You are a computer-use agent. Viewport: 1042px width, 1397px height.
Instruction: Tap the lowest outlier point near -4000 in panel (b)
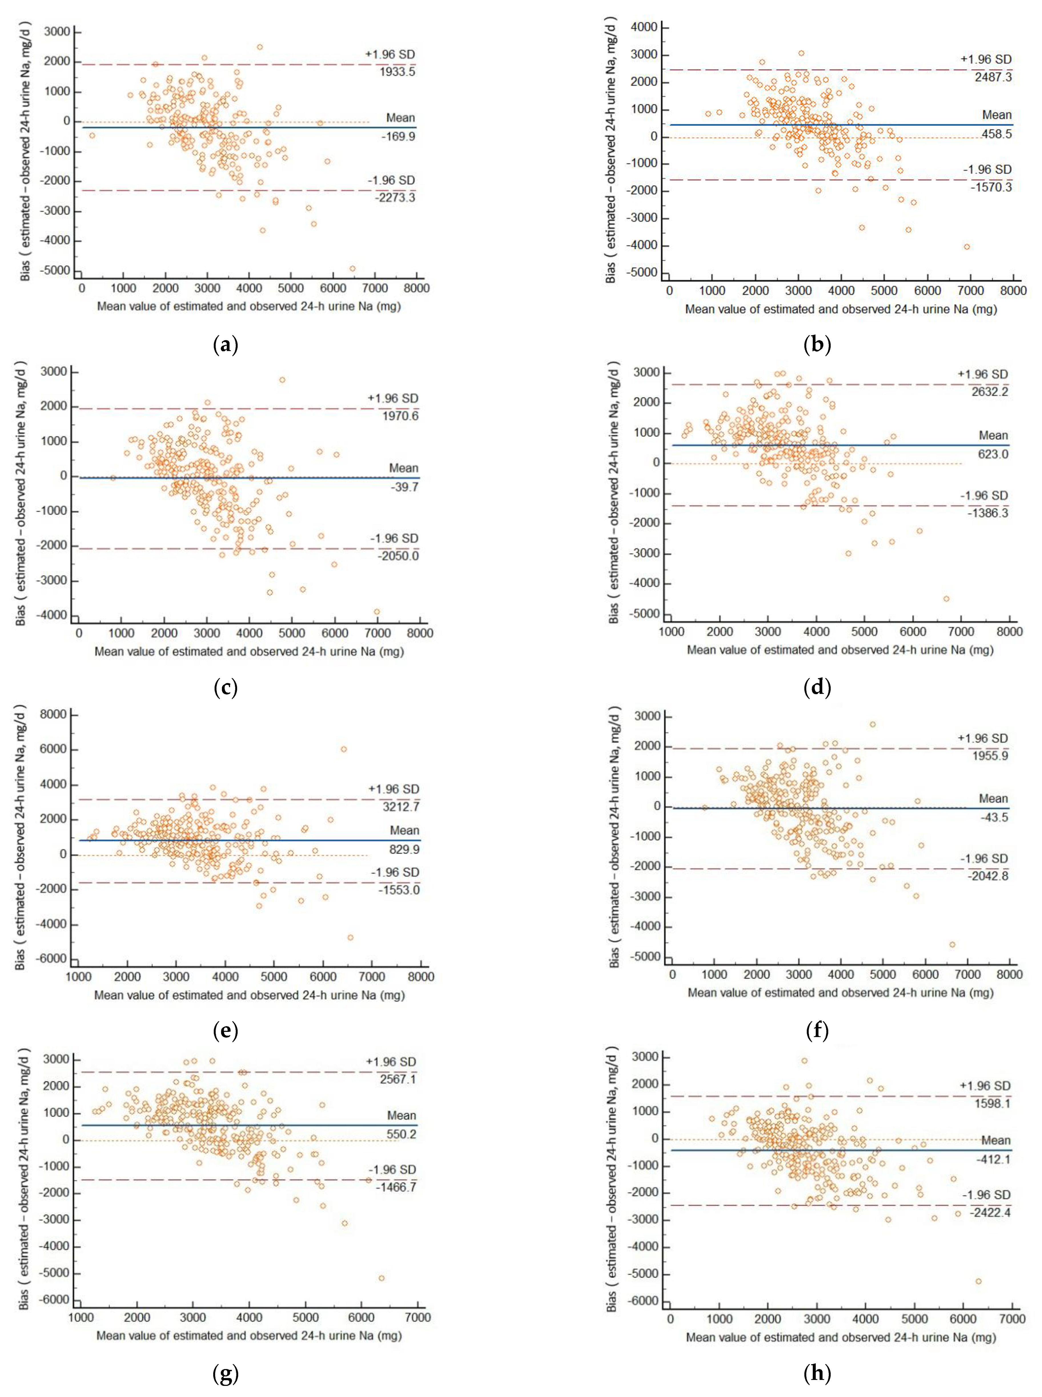966,247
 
